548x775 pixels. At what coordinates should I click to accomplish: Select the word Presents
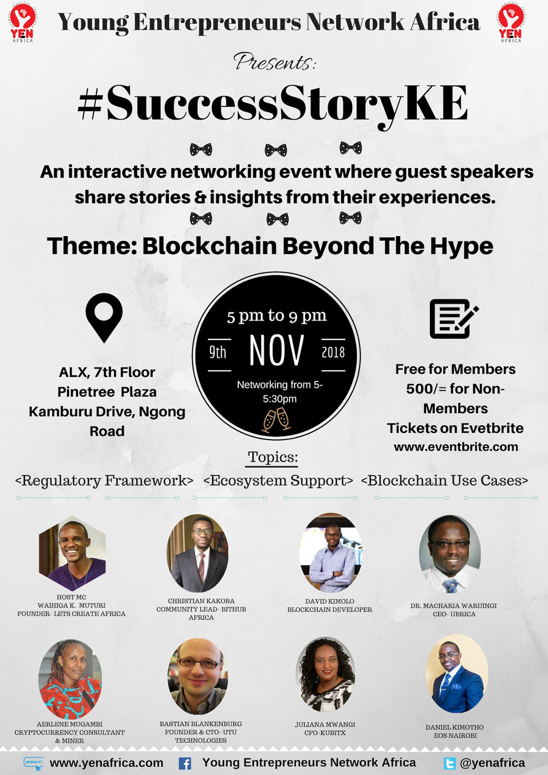pyautogui.click(x=274, y=62)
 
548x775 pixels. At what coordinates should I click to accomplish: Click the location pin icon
pyautogui.click(x=105, y=317)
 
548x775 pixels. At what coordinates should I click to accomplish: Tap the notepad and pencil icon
pyautogui.click(x=454, y=319)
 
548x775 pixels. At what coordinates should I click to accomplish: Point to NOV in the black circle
pyautogui.click(x=276, y=350)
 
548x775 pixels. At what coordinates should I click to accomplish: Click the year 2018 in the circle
pyautogui.click(x=333, y=352)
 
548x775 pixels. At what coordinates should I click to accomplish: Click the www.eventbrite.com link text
pyautogui.click(x=456, y=447)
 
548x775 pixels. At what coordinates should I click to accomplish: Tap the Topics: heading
pyautogui.click(x=273, y=457)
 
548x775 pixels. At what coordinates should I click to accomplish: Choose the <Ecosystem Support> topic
pyautogui.click(x=278, y=481)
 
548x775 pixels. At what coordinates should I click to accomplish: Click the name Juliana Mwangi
pyautogui.click(x=325, y=724)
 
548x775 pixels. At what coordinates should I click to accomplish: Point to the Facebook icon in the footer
pyautogui.click(x=185, y=763)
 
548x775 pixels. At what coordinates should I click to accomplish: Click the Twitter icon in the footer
pyautogui.click(x=450, y=763)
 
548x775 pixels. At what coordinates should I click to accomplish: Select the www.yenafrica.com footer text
pyautogui.click(x=106, y=763)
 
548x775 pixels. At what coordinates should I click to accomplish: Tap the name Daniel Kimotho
pyautogui.click(x=454, y=727)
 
